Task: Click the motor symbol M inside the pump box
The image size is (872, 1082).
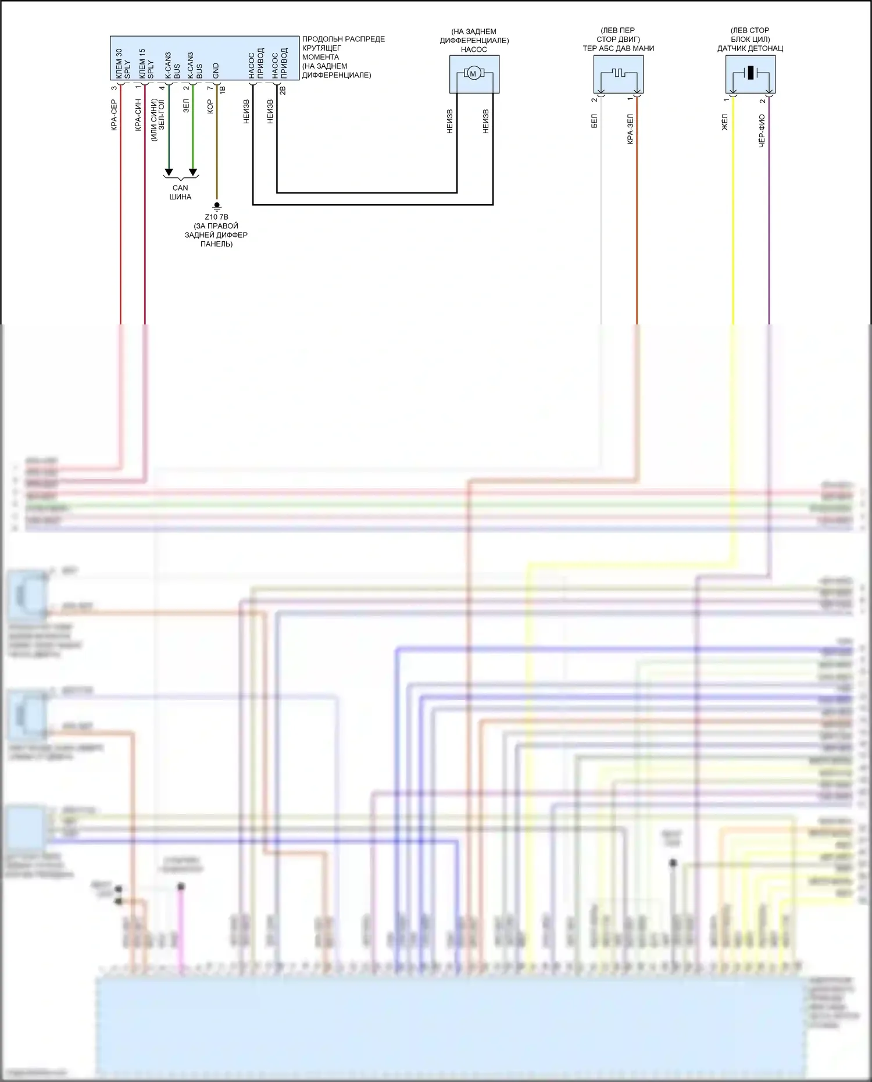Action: coord(473,74)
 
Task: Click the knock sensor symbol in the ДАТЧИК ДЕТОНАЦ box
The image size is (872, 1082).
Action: coord(751,73)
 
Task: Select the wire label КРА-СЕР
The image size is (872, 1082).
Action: coord(114,115)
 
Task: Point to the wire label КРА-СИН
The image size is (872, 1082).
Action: coord(138,115)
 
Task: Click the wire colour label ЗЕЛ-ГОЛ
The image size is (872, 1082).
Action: coord(162,115)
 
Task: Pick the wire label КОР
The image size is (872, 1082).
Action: coord(210,106)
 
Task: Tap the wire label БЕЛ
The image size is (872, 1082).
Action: coord(594,121)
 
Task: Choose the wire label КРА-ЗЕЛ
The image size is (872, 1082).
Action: coord(630,128)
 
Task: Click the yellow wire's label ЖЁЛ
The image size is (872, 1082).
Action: coord(724,122)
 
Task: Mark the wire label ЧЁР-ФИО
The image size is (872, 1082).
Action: coord(762,130)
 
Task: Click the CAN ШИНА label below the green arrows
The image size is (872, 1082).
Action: coord(180,192)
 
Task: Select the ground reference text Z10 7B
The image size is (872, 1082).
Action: coord(216,217)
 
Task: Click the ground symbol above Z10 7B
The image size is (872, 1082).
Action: coord(217,206)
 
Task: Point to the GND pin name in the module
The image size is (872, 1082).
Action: coord(216,71)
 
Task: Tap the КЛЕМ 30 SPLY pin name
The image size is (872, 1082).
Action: coord(123,64)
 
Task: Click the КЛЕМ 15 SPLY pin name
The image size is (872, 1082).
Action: coord(146,64)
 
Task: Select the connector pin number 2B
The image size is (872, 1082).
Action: coord(283,90)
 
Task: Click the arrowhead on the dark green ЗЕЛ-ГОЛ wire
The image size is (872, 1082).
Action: coord(169,172)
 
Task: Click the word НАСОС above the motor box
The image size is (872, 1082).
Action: coord(474,49)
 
